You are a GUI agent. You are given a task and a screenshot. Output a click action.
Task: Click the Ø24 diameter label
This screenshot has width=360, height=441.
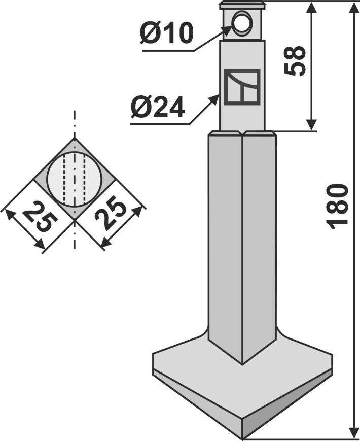click(158, 108)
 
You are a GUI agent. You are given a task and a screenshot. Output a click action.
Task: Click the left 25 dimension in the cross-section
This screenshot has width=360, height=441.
click(38, 217)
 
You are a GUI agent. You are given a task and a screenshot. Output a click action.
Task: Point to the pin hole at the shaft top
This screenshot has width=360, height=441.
click(242, 22)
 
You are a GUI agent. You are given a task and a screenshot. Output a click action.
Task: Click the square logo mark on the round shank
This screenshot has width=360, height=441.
click(242, 87)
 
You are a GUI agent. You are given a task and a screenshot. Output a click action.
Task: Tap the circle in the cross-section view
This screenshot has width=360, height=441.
click(75, 179)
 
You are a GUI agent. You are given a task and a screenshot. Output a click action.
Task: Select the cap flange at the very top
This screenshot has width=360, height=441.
click(242, 5)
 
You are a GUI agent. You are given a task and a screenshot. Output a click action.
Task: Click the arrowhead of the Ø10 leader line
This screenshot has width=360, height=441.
click(228, 30)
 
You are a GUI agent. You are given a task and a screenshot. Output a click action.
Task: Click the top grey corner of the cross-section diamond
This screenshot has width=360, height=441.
click(75, 143)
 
